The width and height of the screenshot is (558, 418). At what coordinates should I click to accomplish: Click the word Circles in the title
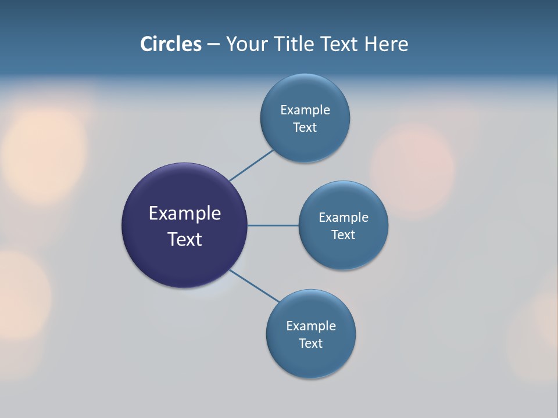(170, 44)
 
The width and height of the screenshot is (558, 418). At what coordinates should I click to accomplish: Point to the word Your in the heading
(247, 44)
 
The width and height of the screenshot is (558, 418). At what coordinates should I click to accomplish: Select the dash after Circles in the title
(213, 45)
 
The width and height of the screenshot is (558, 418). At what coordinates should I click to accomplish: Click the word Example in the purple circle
(185, 214)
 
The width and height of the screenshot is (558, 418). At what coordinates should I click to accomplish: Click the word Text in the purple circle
(185, 239)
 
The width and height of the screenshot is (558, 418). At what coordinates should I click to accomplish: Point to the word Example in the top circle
(305, 110)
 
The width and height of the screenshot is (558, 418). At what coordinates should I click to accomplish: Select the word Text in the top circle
(305, 127)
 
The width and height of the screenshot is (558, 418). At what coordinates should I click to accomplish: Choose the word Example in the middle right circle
(344, 217)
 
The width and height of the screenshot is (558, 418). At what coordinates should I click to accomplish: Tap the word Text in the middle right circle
(344, 235)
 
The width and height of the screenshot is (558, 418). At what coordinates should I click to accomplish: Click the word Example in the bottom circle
(311, 326)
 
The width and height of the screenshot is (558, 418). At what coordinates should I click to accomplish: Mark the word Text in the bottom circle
(311, 343)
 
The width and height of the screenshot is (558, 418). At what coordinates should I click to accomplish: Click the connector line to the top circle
(251, 165)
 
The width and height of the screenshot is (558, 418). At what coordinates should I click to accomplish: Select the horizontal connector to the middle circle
(273, 225)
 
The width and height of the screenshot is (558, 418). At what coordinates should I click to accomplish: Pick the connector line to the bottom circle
(254, 286)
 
